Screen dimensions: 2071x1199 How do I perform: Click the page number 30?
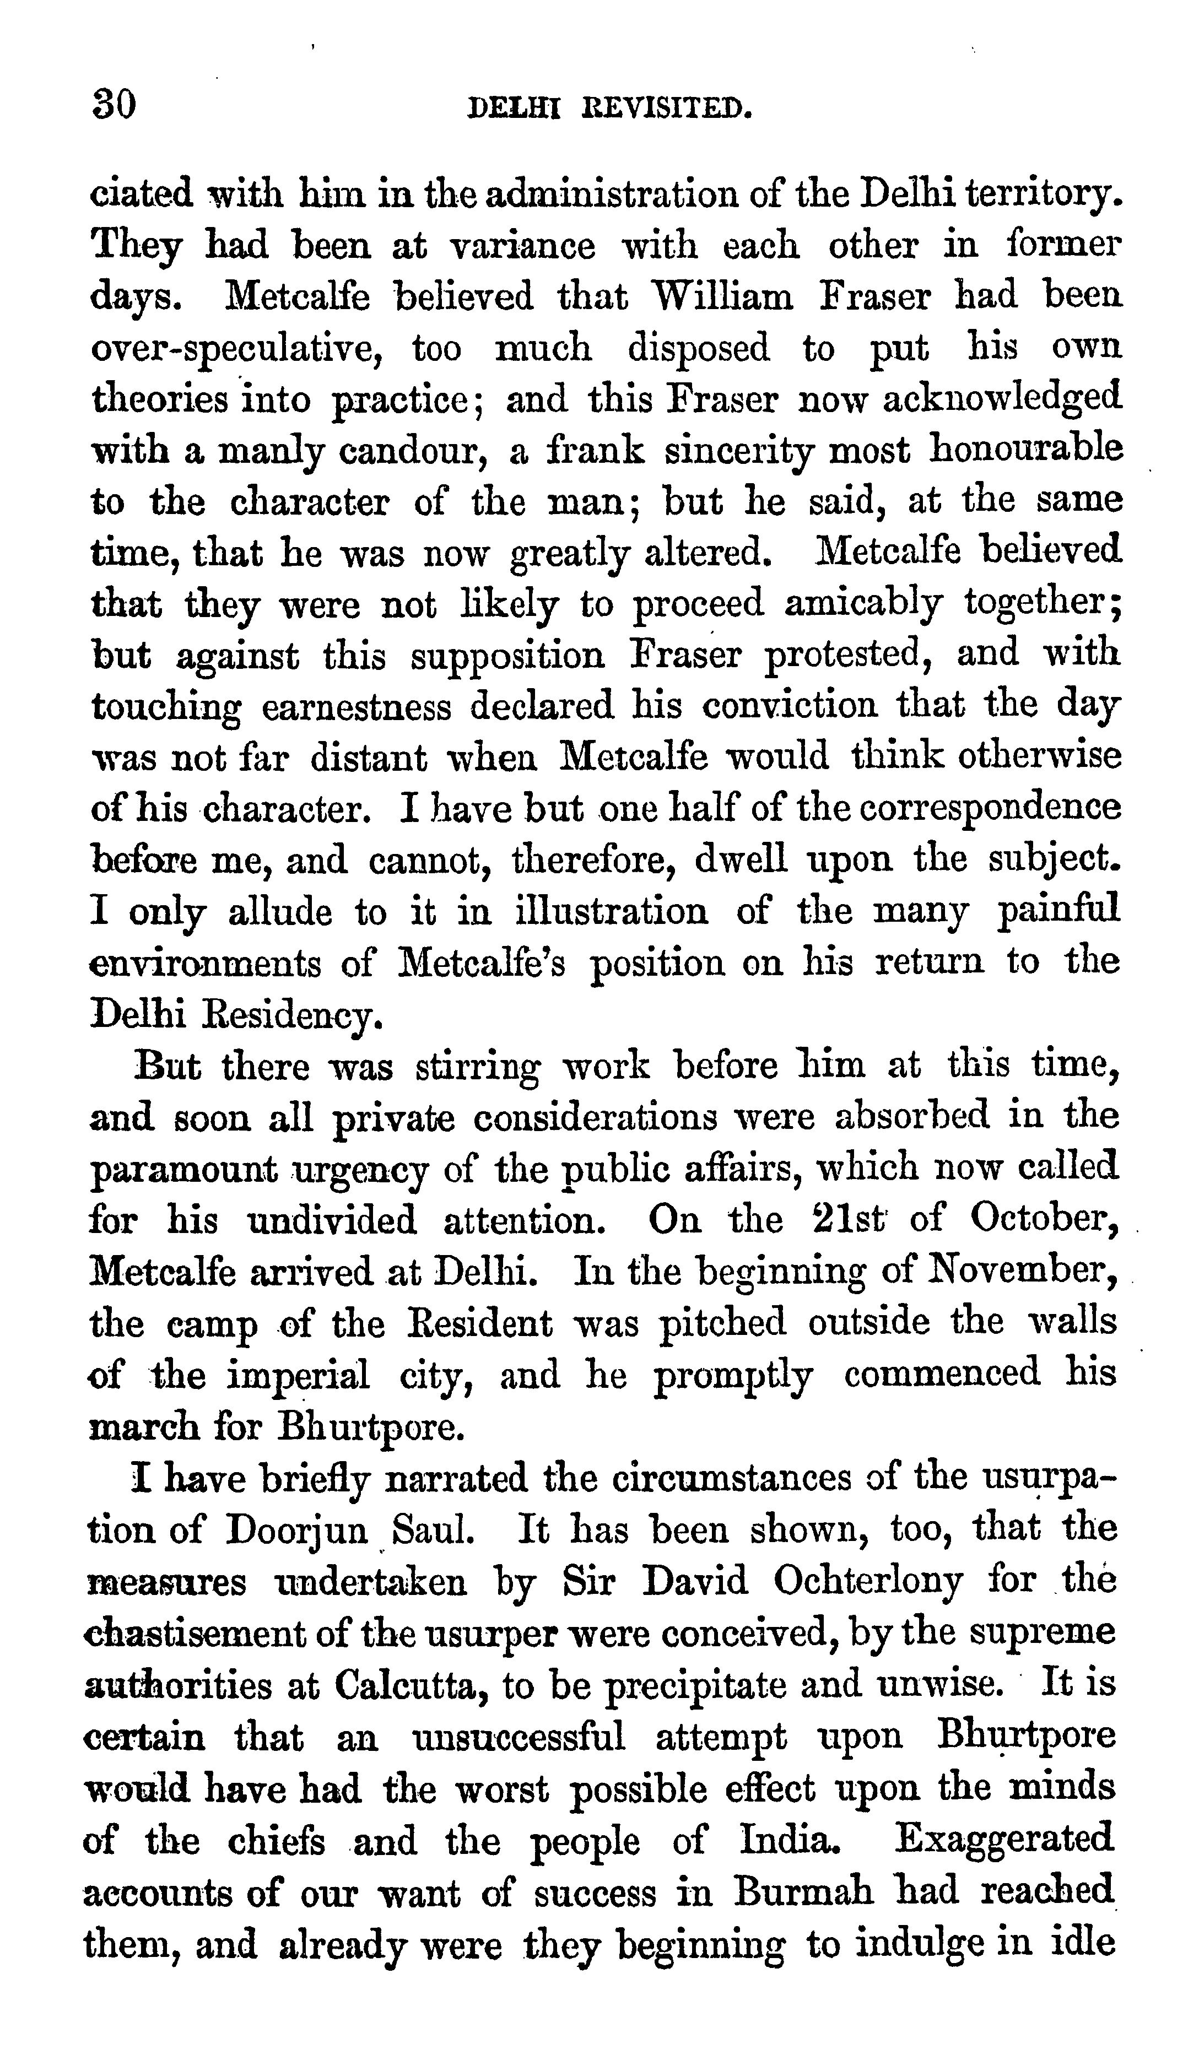pyautogui.click(x=114, y=106)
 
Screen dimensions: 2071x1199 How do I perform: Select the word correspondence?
pyautogui.click(x=990, y=807)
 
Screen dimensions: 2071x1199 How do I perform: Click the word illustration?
pyautogui.click(x=612, y=911)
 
